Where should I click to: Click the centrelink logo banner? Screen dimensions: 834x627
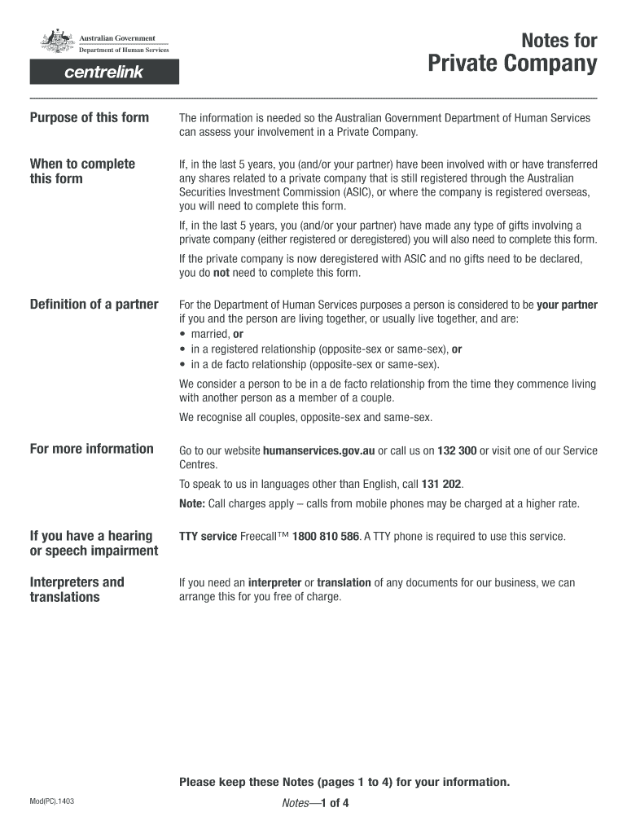point(104,72)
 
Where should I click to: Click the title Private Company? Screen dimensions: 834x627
point(513,64)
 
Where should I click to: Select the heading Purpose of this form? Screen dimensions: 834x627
point(90,117)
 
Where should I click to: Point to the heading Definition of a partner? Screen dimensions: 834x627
point(94,305)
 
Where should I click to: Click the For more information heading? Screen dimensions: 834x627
point(92,449)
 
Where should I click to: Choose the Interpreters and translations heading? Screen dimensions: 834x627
point(77,590)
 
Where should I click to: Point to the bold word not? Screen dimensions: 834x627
point(221,274)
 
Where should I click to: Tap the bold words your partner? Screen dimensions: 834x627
point(567,305)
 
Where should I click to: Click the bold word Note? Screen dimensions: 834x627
point(192,503)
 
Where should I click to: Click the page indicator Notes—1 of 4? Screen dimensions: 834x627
point(314,804)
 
